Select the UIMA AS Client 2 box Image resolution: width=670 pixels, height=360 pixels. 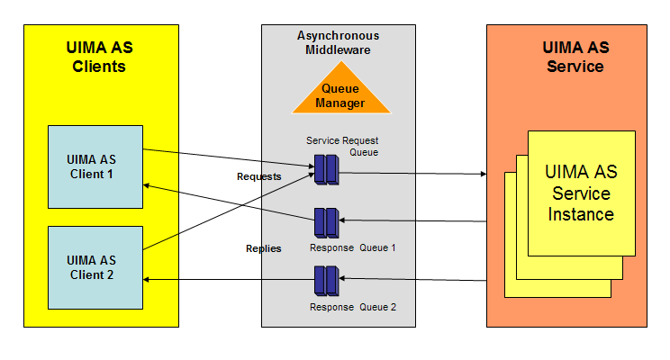95,267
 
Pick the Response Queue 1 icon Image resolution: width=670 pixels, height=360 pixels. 325,222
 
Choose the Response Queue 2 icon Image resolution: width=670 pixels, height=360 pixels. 325,281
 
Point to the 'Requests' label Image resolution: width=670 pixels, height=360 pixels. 258,177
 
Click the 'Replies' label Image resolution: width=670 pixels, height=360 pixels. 263,248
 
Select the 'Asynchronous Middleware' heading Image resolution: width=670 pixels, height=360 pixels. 338,42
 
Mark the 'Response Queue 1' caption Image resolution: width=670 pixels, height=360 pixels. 352,247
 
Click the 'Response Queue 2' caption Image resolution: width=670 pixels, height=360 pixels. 352,307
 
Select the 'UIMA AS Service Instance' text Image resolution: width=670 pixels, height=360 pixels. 582,193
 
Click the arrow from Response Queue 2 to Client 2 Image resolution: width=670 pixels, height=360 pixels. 230,281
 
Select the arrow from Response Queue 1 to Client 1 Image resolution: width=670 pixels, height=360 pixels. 230,202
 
